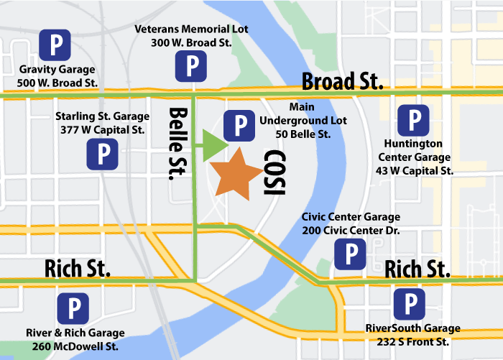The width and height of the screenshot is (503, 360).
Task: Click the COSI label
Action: tap(274, 172)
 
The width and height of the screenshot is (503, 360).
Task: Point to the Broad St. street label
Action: tap(342, 80)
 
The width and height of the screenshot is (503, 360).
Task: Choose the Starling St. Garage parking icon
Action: tap(102, 154)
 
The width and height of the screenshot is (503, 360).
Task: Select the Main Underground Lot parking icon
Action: tap(239, 126)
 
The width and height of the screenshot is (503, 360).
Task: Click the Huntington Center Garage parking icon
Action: tap(413, 120)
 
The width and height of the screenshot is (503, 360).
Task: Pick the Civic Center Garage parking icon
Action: tap(351, 253)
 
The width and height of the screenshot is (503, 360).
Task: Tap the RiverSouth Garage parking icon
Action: tap(410, 304)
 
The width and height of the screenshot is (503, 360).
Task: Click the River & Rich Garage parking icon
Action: tap(73, 308)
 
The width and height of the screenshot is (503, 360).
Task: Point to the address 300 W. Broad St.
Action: tap(190, 43)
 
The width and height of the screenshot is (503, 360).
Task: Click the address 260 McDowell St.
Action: tap(75, 346)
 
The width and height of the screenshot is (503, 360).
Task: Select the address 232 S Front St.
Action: tap(407, 343)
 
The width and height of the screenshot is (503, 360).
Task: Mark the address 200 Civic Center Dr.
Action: tap(351, 230)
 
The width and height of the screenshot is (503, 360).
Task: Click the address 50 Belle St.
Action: tap(303, 134)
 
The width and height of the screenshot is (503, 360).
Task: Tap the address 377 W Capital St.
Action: tap(102, 129)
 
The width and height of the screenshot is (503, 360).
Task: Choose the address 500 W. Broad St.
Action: tap(58, 83)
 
